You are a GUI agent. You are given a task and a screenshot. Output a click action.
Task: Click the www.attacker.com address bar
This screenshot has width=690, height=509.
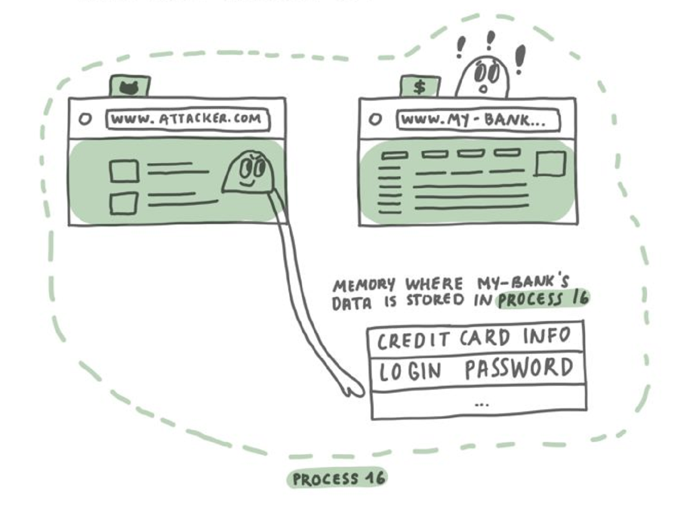coord(187,119)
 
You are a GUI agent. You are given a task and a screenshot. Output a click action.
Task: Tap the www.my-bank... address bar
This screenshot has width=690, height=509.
coord(478,120)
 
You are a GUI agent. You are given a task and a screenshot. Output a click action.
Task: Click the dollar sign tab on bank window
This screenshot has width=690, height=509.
coord(419,87)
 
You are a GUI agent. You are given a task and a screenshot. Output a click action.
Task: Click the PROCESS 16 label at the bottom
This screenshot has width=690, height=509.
coord(338,478)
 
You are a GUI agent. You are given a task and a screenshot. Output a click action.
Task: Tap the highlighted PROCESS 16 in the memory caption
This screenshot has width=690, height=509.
coord(543,298)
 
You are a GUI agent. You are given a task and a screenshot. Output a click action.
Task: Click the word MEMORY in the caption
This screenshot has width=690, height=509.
coord(363,285)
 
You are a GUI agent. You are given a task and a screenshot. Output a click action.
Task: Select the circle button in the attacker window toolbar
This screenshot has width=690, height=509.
coord(85,119)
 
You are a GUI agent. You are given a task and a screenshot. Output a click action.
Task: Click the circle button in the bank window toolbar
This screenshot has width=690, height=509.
coord(375,119)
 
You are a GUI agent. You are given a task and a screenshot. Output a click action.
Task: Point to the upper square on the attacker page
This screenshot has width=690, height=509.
coord(124,171)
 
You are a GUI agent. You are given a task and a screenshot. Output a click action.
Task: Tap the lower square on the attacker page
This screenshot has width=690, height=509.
coord(123,203)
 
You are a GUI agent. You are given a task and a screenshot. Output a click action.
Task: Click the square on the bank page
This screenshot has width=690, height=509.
coord(550,164)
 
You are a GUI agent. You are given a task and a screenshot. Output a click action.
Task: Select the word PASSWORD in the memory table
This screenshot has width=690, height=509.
coord(519,369)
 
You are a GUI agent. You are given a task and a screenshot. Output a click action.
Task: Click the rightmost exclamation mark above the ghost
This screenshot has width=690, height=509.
coord(519,59)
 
